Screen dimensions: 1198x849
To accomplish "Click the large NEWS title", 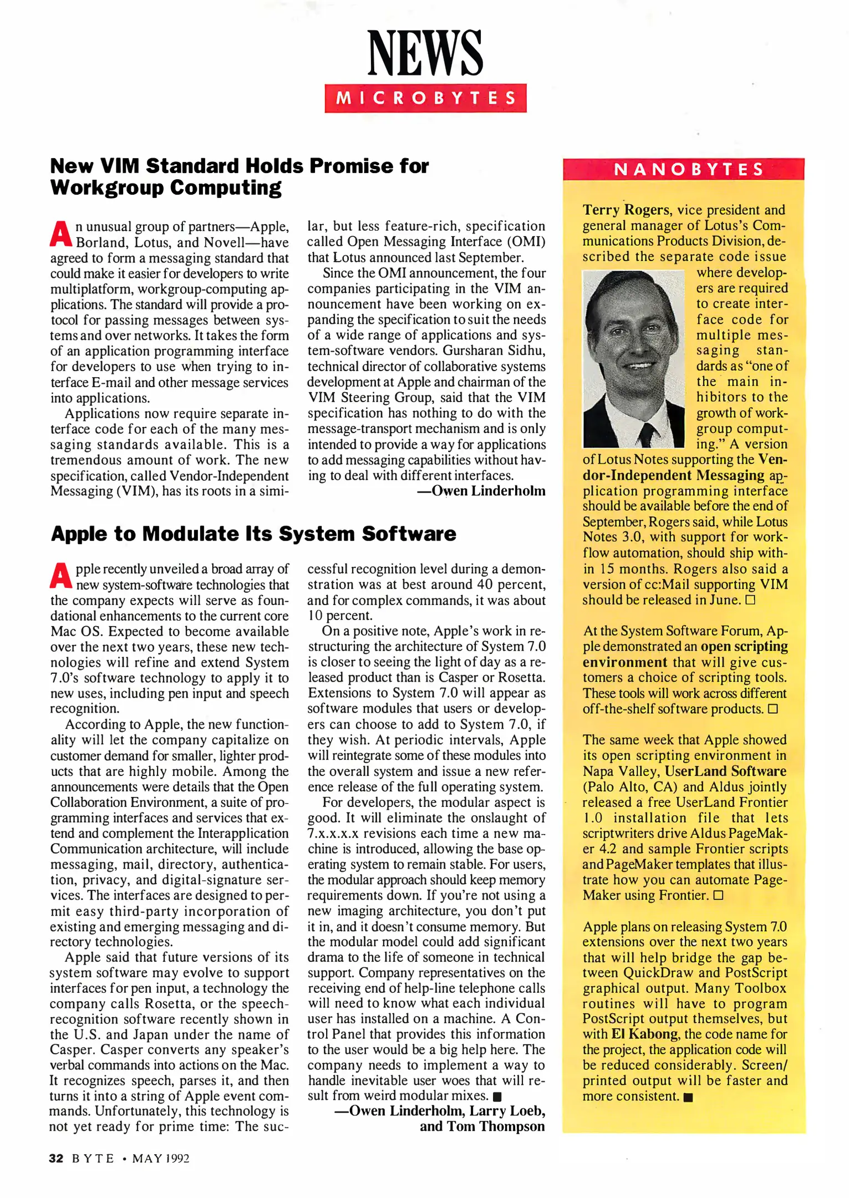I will pos(425,53).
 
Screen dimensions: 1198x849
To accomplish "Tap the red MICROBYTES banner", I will pos(425,98).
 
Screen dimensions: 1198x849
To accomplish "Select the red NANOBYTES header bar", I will pos(683,169).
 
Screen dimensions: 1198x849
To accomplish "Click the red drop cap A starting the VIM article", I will pos(60,234).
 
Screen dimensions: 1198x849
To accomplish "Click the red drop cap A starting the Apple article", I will pos(60,576).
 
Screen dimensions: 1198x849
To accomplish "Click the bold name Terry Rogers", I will pos(626,210).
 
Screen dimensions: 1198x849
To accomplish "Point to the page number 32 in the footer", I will pos(56,1159).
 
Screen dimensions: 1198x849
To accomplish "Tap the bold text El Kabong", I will pos(644,1034).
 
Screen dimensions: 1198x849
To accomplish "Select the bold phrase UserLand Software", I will pos(725,771).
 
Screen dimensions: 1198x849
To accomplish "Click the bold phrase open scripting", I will pos(744,647).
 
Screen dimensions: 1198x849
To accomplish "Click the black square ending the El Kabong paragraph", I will pos(688,1097).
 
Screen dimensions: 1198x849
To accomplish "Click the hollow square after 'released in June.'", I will pos(750,600).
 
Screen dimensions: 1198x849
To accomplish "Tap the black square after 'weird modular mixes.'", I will pos(497,1097).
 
